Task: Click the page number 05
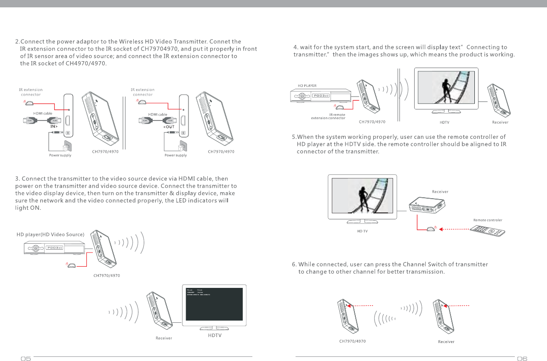[25, 359]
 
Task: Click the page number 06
[522, 359]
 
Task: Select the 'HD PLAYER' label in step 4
[307, 86]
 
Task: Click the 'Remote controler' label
[488, 220]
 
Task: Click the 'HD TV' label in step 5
[362, 231]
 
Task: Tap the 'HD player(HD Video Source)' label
[51, 235]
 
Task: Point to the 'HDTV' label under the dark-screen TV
[212, 335]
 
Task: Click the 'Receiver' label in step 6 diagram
[446, 342]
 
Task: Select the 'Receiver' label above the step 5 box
[440, 191]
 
